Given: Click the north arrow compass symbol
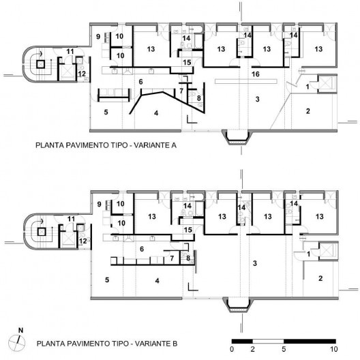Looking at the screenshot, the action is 17,343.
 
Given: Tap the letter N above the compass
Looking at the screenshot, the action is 20,331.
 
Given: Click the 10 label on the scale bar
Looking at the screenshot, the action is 334,349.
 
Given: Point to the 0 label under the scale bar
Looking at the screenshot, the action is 232,349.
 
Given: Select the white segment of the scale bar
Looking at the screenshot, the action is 268,341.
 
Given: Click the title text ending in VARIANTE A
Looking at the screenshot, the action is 106,145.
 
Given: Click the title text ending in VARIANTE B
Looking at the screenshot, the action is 107,344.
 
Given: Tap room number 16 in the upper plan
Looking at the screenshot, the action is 255,74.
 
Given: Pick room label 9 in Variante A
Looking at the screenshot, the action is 98,37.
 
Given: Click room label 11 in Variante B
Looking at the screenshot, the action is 71,219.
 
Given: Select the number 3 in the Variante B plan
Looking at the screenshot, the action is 255,263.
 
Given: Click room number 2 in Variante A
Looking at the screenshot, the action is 308,111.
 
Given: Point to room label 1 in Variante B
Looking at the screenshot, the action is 308,254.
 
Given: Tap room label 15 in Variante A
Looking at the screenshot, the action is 187,62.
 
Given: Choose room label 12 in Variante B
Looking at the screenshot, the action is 83,241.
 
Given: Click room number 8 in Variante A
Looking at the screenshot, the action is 199,98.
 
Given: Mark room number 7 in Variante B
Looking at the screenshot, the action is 172,258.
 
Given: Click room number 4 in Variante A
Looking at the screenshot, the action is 156,113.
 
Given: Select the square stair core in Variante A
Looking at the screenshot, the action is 40,64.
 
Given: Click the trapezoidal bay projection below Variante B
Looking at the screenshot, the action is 238,305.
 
